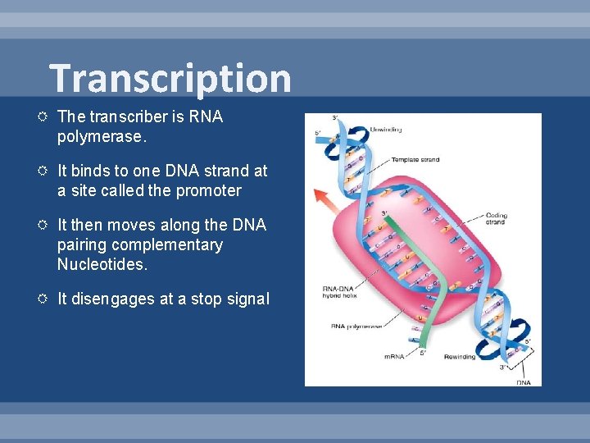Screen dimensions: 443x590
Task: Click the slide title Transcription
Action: click(x=170, y=79)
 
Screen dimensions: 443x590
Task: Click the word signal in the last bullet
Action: click(x=247, y=299)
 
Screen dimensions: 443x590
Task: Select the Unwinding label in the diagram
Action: click(x=386, y=130)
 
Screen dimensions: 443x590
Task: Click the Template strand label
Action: click(x=414, y=160)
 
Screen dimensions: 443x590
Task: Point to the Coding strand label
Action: click(x=496, y=219)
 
